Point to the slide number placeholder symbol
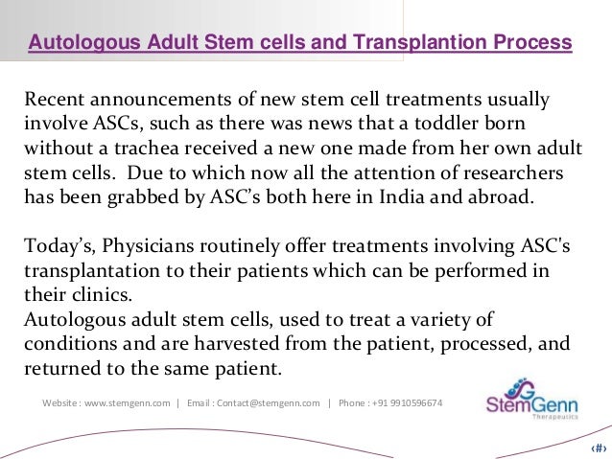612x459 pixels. [x=597, y=448]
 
